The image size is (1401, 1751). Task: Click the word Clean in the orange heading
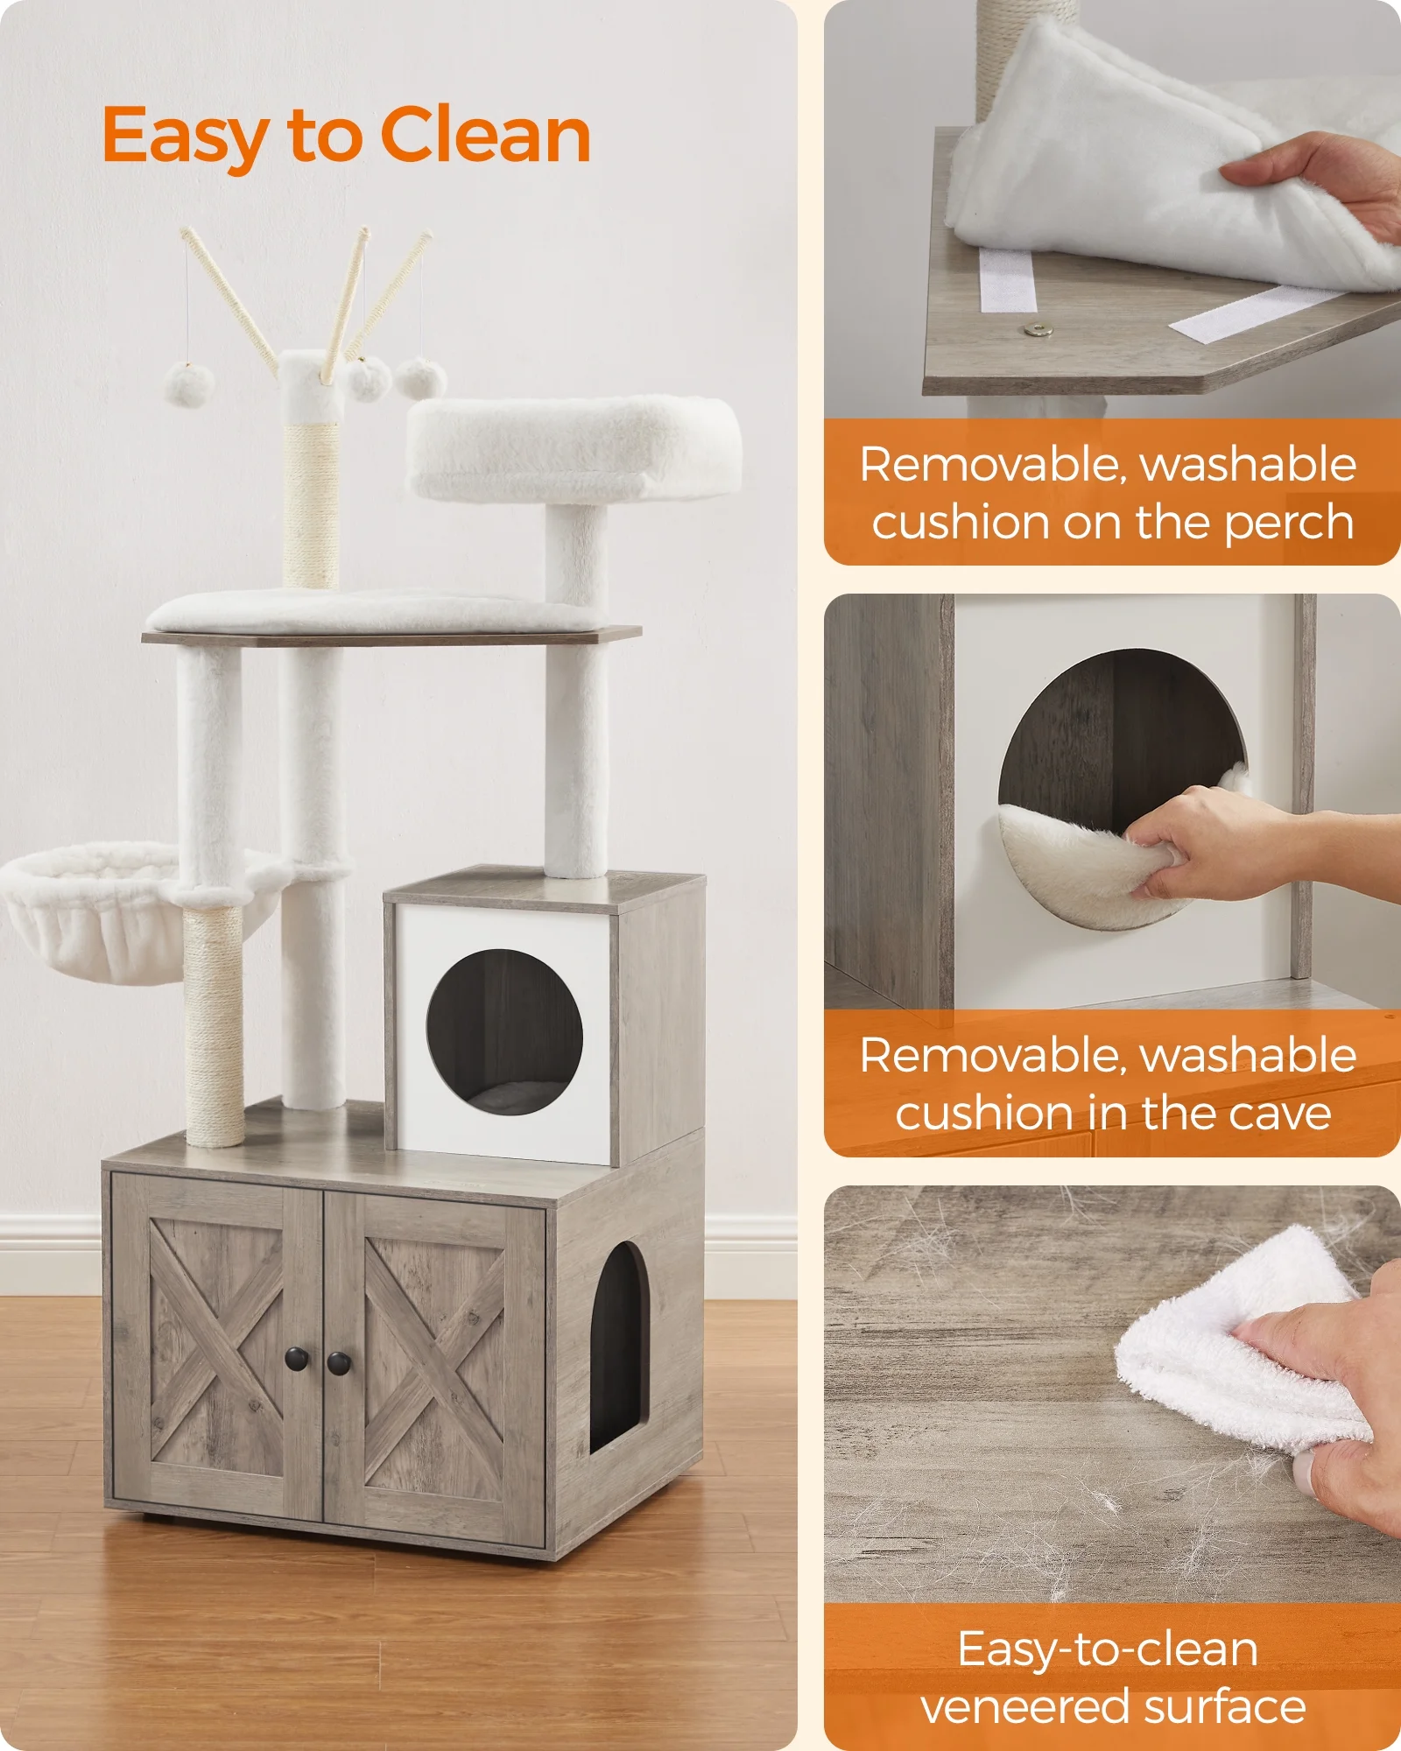click(x=485, y=136)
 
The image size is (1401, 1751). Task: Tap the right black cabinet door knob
click(x=339, y=1362)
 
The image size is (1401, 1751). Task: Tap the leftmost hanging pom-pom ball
click(x=188, y=385)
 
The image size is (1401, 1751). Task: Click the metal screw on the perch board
click(x=1038, y=330)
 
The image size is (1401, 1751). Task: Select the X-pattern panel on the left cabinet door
click(x=216, y=1348)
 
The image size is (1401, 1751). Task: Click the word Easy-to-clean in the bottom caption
click(x=1107, y=1649)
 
